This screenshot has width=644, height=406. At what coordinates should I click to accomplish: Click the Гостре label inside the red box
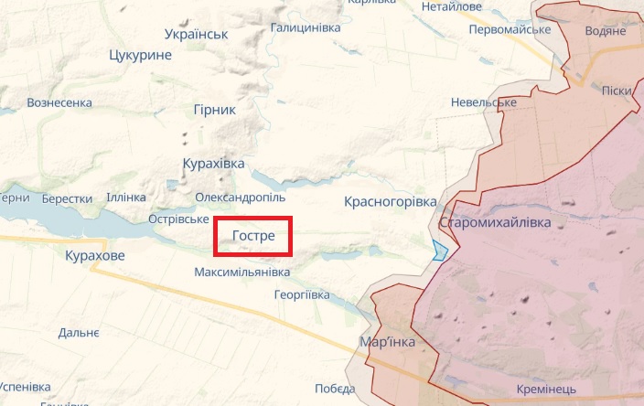253,236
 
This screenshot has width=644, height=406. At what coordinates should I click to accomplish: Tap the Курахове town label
95,255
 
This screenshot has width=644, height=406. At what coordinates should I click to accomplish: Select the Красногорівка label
391,200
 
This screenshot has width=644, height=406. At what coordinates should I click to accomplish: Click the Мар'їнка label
388,342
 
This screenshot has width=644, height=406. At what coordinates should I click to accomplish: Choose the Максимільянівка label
242,272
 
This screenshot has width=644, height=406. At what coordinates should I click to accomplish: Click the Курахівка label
214,163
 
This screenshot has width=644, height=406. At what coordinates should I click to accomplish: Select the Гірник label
214,109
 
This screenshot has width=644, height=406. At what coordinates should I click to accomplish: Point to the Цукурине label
140,56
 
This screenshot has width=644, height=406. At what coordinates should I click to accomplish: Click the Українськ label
196,34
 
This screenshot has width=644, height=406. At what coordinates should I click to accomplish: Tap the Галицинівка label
306,27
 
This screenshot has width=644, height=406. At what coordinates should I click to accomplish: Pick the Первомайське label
509,29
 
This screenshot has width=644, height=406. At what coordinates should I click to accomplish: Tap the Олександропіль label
241,197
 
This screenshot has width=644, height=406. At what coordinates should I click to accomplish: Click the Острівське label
178,219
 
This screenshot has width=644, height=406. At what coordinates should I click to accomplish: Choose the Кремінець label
545,390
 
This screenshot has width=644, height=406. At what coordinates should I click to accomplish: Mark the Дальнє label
79,334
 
